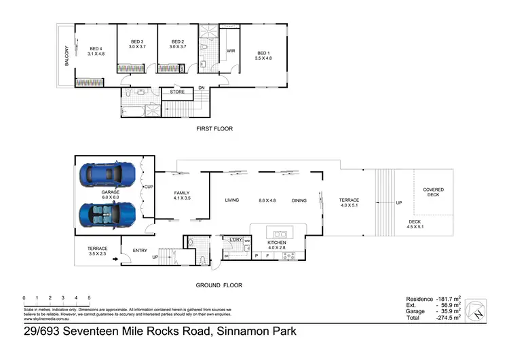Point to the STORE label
coord(177,91)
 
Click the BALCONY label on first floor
coord(66,58)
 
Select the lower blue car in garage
coord(109,215)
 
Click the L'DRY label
coord(236,240)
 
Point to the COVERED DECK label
coord(433,193)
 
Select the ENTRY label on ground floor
coord(140,251)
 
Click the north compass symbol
coord(480,310)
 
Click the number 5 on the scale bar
coord(89,298)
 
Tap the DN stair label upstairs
coord(202,88)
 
